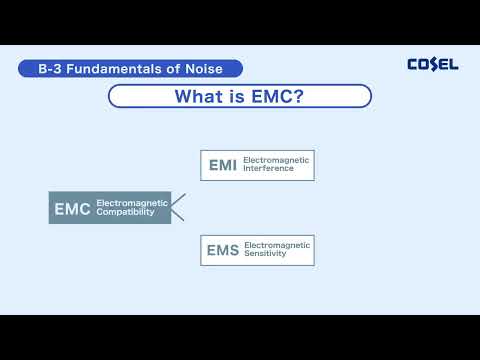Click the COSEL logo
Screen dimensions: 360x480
coord(432,64)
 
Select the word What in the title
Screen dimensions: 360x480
coord(198,97)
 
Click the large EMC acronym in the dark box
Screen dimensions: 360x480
coord(71,208)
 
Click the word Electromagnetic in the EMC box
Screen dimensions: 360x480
coord(132,203)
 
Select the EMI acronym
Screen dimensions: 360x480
coord(222,165)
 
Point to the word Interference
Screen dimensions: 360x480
coord(268,170)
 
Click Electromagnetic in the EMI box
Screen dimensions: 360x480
coord(277,160)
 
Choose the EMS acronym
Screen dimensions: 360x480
coord(222,250)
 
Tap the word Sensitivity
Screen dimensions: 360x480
coord(266,255)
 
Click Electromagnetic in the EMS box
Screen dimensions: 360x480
coord(277,245)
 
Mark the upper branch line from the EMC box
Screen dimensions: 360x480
coord(179,199)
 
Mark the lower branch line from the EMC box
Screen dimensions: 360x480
coord(179,215)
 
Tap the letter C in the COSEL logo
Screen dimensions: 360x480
coord(413,64)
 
